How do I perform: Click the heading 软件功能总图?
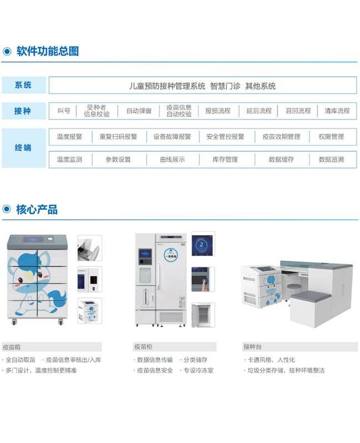point(48,51)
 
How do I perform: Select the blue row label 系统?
point(23,85)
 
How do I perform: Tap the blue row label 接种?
point(23,111)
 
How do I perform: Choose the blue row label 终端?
point(23,148)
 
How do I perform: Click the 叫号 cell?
point(64,111)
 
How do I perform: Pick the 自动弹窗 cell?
point(139,111)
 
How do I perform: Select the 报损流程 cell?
point(218,111)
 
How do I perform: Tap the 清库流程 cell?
point(337,111)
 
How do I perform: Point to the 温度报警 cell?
point(70,137)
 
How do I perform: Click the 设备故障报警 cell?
point(172,137)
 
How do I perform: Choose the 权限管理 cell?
point(331,137)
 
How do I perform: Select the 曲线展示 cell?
point(172,159)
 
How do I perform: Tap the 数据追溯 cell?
point(331,159)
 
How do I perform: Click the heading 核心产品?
point(37,210)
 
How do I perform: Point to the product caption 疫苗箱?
point(12,347)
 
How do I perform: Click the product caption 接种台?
point(253,347)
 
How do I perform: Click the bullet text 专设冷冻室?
point(199,370)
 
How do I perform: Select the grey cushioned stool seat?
point(311,296)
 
